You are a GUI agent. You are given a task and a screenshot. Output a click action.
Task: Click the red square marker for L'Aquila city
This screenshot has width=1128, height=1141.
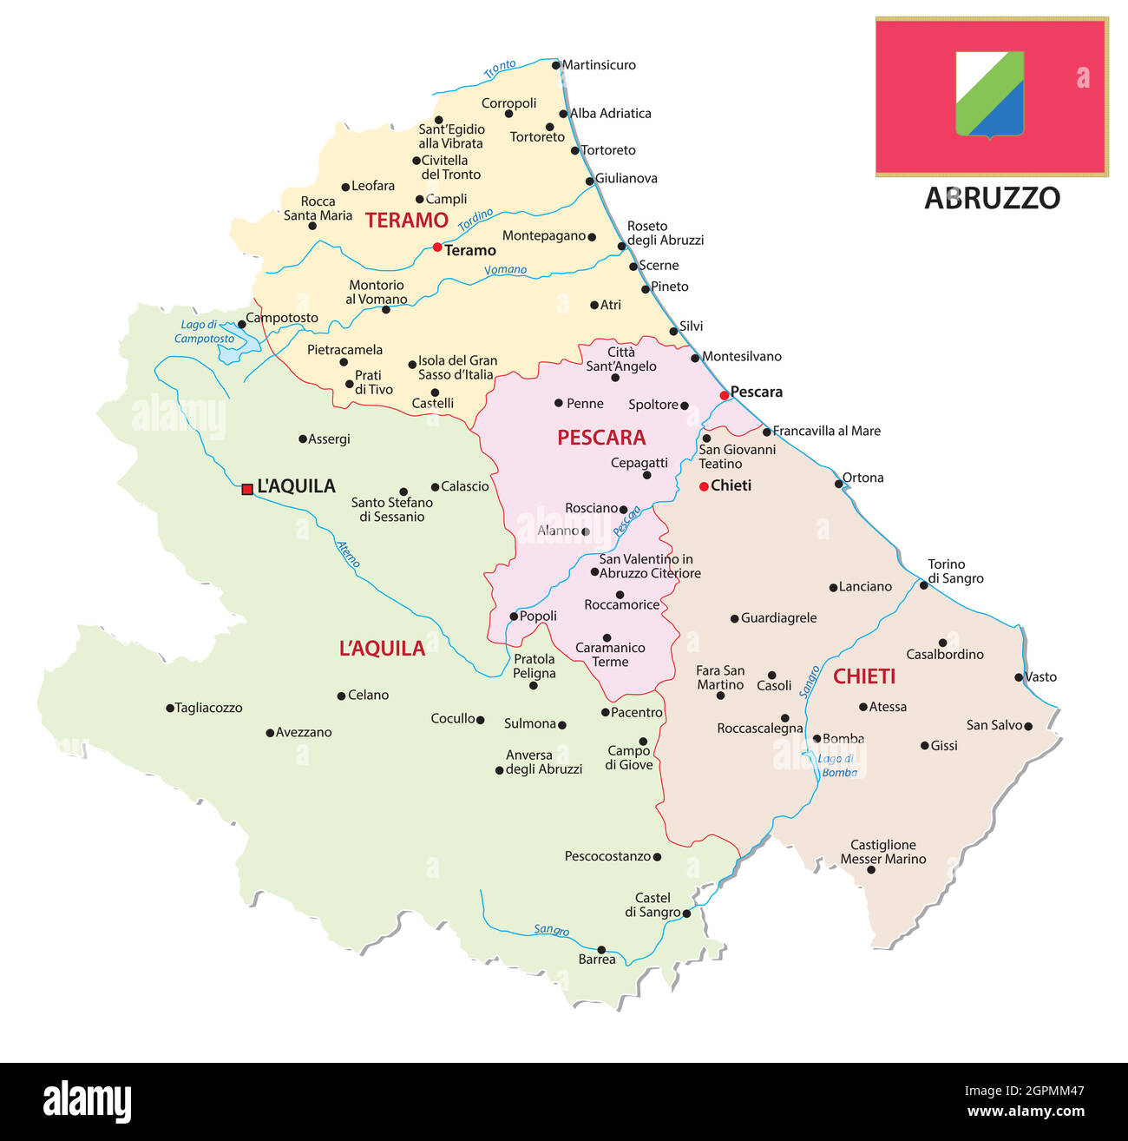click(247, 489)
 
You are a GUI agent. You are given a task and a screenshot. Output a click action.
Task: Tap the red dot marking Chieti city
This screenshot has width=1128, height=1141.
click(704, 486)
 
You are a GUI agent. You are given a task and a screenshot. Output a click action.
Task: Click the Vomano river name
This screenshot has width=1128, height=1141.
click(505, 270)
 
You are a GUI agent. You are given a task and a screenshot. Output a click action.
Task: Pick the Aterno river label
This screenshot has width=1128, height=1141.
click(347, 553)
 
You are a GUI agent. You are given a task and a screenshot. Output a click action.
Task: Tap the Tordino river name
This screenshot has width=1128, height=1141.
click(475, 220)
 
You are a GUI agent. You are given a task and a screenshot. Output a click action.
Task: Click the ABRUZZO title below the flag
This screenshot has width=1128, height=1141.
click(992, 198)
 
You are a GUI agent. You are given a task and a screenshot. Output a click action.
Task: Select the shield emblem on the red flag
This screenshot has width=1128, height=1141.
click(989, 94)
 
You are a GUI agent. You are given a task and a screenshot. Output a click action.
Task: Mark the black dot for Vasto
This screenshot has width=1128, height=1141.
click(1020, 677)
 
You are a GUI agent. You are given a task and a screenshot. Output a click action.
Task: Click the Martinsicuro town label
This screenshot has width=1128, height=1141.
click(599, 65)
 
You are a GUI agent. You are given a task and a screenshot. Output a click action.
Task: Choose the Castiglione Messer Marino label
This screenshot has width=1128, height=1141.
click(883, 852)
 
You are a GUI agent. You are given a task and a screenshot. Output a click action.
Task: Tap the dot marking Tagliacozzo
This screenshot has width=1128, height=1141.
click(170, 709)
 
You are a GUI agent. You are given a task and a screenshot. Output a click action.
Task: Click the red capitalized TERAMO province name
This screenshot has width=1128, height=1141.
click(406, 221)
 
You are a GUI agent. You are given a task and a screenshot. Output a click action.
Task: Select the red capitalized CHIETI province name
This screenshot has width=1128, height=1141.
click(864, 676)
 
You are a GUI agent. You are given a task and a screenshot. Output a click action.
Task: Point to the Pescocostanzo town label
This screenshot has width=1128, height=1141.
click(607, 856)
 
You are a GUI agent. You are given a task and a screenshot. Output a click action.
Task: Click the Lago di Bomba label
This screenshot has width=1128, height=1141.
click(837, 765)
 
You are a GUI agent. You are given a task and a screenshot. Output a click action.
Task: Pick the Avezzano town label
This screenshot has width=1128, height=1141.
click(304, 732)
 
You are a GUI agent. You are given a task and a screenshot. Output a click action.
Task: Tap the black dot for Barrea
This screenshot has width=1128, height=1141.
click(601, 950)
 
